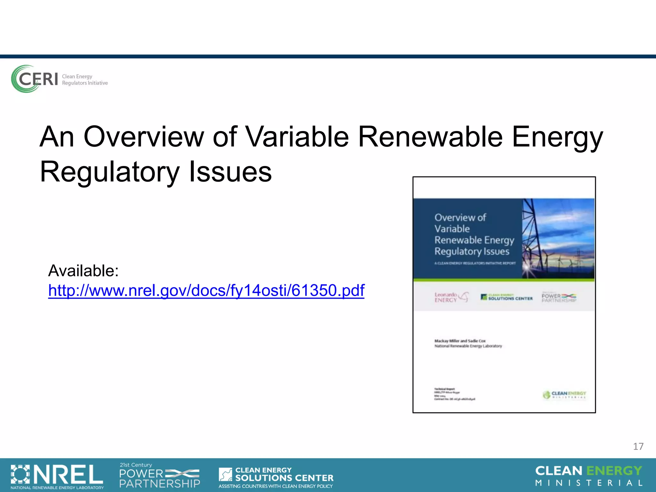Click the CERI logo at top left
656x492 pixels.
pyautogui.click(x=35, y=79)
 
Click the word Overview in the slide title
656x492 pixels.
pyautogui.click(x=143, y=137)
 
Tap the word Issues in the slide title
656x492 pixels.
pyautogui.click(x=230, y=172)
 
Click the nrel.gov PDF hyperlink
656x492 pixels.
pyautogui.click(x=206, y=291)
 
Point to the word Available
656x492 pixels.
pyautogui.click(x=83, y=271)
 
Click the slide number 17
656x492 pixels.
pyautogui.click(x=638, y=447)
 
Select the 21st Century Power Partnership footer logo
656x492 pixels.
pyautogui.click(x=160, y=476)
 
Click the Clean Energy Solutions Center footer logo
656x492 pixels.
pyautogui.click(x=276, y=477)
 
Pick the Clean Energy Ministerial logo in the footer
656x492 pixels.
pyautogui.click(x=589, y=476)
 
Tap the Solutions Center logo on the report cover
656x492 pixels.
pyautogui.click(x=506, y=297)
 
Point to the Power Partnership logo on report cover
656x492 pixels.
pyautogui.click(x=559, y=297)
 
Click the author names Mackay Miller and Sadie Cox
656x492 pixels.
pyautogui.click(x=460, y=341)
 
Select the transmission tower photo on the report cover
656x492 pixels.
pyautogui.click(x=558, y=238)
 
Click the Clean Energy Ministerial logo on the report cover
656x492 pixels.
pyautogui.click(x=564, y=395)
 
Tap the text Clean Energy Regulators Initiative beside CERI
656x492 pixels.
pyautogui.click(x=85, y=80)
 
